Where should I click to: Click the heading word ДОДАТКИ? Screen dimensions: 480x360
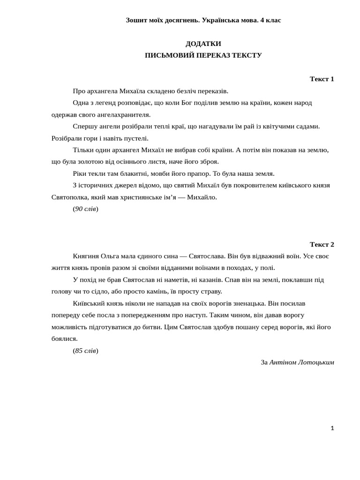pyautogui.click(x=203, y=44)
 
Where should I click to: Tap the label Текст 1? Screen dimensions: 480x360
pyautogui.click(x=322, y=79)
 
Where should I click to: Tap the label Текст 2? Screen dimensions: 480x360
pyautogui.click(x=322, y=244)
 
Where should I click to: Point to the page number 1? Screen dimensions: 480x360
pyautogui.click(x=332, y=428)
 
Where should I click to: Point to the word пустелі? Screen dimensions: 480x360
pyautogui.click(x=135, y=138)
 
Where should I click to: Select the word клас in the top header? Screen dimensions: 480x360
pyautogui.click(x=273, y=20)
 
